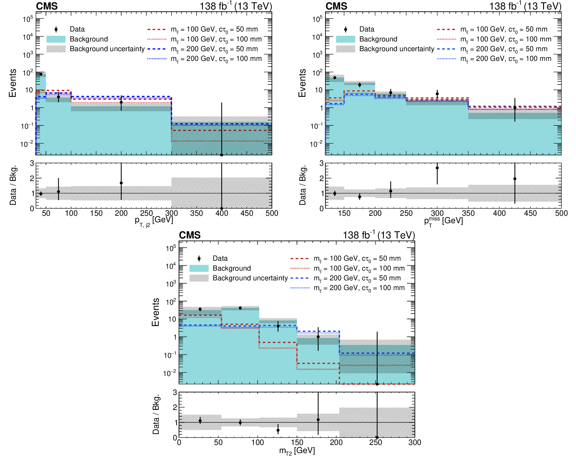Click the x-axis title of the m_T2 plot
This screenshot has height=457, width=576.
(x=297, y=451)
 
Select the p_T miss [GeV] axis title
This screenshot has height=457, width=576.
(x=443, y=221)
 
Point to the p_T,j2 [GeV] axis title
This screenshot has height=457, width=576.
(x=154, y=221)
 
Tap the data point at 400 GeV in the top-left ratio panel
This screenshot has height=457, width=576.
(x=222, y=208)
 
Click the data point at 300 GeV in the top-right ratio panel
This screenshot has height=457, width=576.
(x=437, y=168)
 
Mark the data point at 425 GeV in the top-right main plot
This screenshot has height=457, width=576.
(x=515, y=108)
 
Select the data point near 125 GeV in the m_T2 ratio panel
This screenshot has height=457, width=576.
(x=278, y=430)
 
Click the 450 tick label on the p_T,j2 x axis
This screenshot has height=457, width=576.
(x=247, y=213)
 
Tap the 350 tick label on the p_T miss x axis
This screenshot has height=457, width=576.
(x=468, y=213)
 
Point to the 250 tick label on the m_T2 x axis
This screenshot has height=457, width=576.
(x=375, y=442)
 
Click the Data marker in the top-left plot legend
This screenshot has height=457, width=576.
(x=56, y=29)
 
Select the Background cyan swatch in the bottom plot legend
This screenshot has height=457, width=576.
(x=199, y=268)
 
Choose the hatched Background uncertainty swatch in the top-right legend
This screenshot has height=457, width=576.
(x=345, y=49)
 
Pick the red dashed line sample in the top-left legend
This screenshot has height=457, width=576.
(x=157, y=29)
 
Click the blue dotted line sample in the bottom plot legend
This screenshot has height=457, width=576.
(x=300, y=288)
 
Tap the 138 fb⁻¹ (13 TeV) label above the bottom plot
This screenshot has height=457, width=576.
(x=379, y=235)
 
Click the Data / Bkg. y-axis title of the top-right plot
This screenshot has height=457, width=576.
(x=302, y=185)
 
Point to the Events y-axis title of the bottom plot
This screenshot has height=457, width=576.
(x=155, y=312)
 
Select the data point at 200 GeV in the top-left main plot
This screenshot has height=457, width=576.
(x=121, y=102)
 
